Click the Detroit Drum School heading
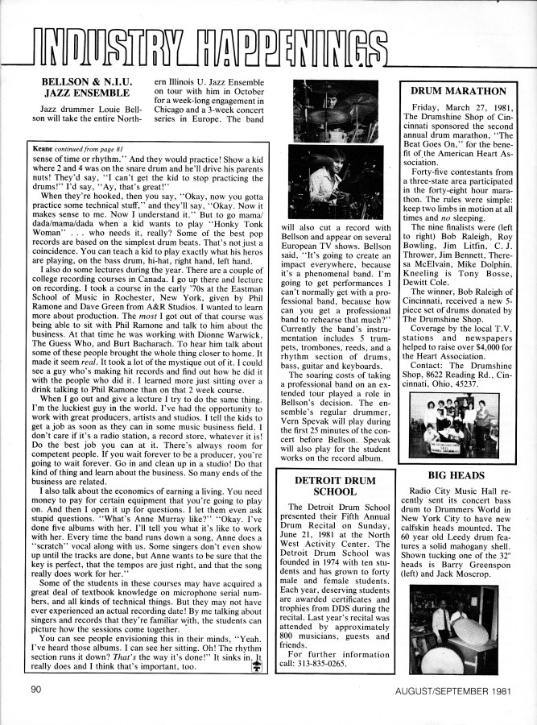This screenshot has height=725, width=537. click(333, 485)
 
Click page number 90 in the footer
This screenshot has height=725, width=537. click(36, 690)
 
